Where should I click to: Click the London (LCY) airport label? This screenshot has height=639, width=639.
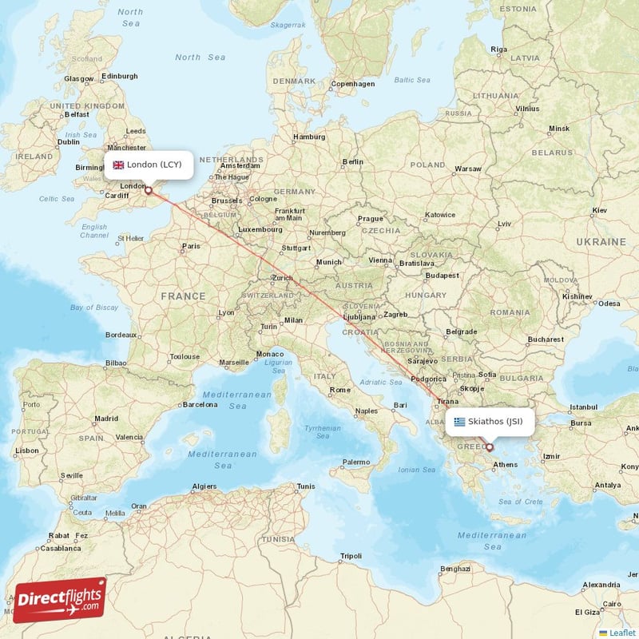[154, 165]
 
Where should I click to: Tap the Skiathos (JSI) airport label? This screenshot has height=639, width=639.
[495, 421]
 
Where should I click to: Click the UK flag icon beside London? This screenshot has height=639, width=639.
[118, 165]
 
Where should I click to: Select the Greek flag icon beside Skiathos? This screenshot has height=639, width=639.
[459, 421]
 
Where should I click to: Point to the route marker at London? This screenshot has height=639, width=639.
[148, 190]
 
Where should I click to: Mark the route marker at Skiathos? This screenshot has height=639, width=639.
[490, 447]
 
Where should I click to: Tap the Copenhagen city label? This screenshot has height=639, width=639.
[353, 84]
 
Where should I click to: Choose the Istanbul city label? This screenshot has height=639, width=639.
[583, 407]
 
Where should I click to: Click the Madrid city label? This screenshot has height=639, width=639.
[106, 418]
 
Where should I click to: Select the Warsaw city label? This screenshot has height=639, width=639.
[468, 169]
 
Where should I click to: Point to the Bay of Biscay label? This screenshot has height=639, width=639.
[94, 308]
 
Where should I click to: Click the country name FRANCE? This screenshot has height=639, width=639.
[183, 296]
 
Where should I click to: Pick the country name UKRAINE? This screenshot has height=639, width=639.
[601, 241]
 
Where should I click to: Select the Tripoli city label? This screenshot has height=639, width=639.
[351, 555]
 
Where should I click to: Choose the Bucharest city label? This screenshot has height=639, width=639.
[546, 339]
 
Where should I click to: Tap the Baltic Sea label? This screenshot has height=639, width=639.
[412, 80]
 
